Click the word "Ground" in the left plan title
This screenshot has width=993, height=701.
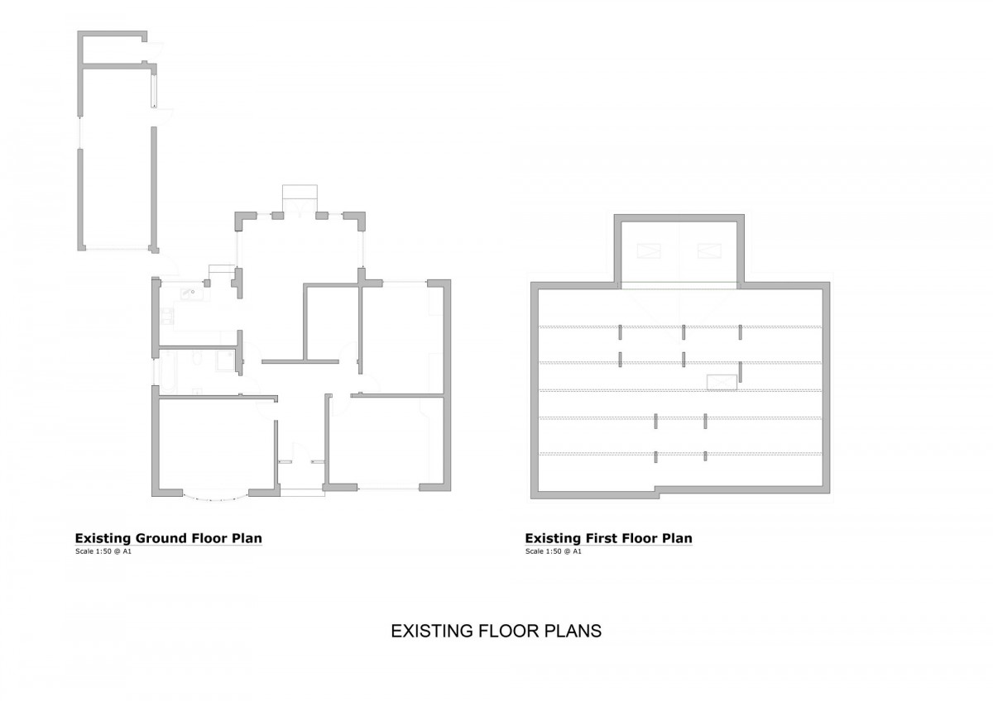pyautogui.click(x=161, y=538)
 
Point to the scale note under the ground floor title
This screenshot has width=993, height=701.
pyautogui.click(x=103, y=551)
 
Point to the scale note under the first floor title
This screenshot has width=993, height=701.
pyautogui.click(x=554, y=551)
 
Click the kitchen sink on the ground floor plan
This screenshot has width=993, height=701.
pyautogui.click(x=191, y=293)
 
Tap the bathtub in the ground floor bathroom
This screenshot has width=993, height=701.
pyautogui.click(x=169, y=372)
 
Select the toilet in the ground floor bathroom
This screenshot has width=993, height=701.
pyautogui.click(x=197, y=358)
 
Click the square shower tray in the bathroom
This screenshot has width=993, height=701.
pyautogui.click(x=226, y=360)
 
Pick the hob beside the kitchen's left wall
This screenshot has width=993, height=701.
pyautogui.click(x=167, y=316)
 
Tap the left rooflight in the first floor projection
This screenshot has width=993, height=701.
pyautogui.click(x=649, y=251)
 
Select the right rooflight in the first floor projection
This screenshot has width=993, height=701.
pyautogui.click(x=709, y=251)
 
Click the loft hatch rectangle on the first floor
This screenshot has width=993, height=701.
pyautogui.click(x=722, y=382)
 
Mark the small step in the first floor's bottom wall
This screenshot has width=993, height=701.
pyautogui.click(x=657, y=492)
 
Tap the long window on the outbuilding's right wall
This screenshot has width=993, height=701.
pyautogui.click(x=154, y=91)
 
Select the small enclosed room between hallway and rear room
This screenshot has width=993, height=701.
pyautogui.click(x=333, y=324)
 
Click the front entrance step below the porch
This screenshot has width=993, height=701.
pyautogui.click(x=302, y=493)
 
